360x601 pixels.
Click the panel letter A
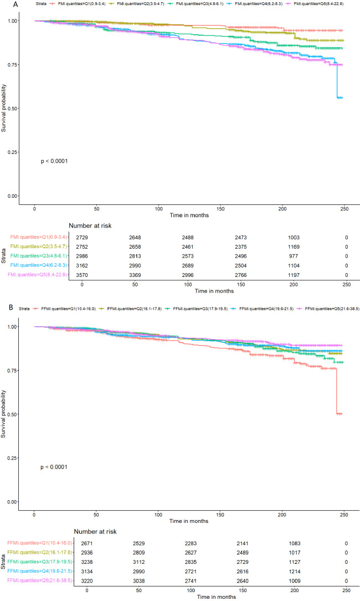tap(15, 4)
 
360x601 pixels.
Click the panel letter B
tap(11, 307)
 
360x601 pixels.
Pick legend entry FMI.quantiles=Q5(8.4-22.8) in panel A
tap(318, 4)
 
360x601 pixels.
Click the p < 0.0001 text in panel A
tap(54, 161)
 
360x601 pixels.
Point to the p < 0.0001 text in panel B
tap(54, 467)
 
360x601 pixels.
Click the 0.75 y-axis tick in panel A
tap(12, 65)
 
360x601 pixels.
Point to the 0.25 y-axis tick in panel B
tap(12, 458)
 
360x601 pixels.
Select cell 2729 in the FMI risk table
tap(82, 238)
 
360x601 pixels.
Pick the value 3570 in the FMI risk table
tap(82, 275)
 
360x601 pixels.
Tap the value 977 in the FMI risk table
tap(294, 256)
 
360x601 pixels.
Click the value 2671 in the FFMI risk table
tap(87, 543)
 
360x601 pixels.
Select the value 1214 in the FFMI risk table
tap(295, 572)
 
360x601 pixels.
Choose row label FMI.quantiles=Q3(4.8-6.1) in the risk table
tap(39, 256)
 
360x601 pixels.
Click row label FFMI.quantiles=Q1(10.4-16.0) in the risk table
tap(39, 543)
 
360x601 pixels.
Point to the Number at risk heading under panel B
tap(95, 532)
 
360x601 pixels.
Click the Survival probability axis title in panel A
tap(4, 108)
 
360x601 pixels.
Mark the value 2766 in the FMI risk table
tap(241, 275)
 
